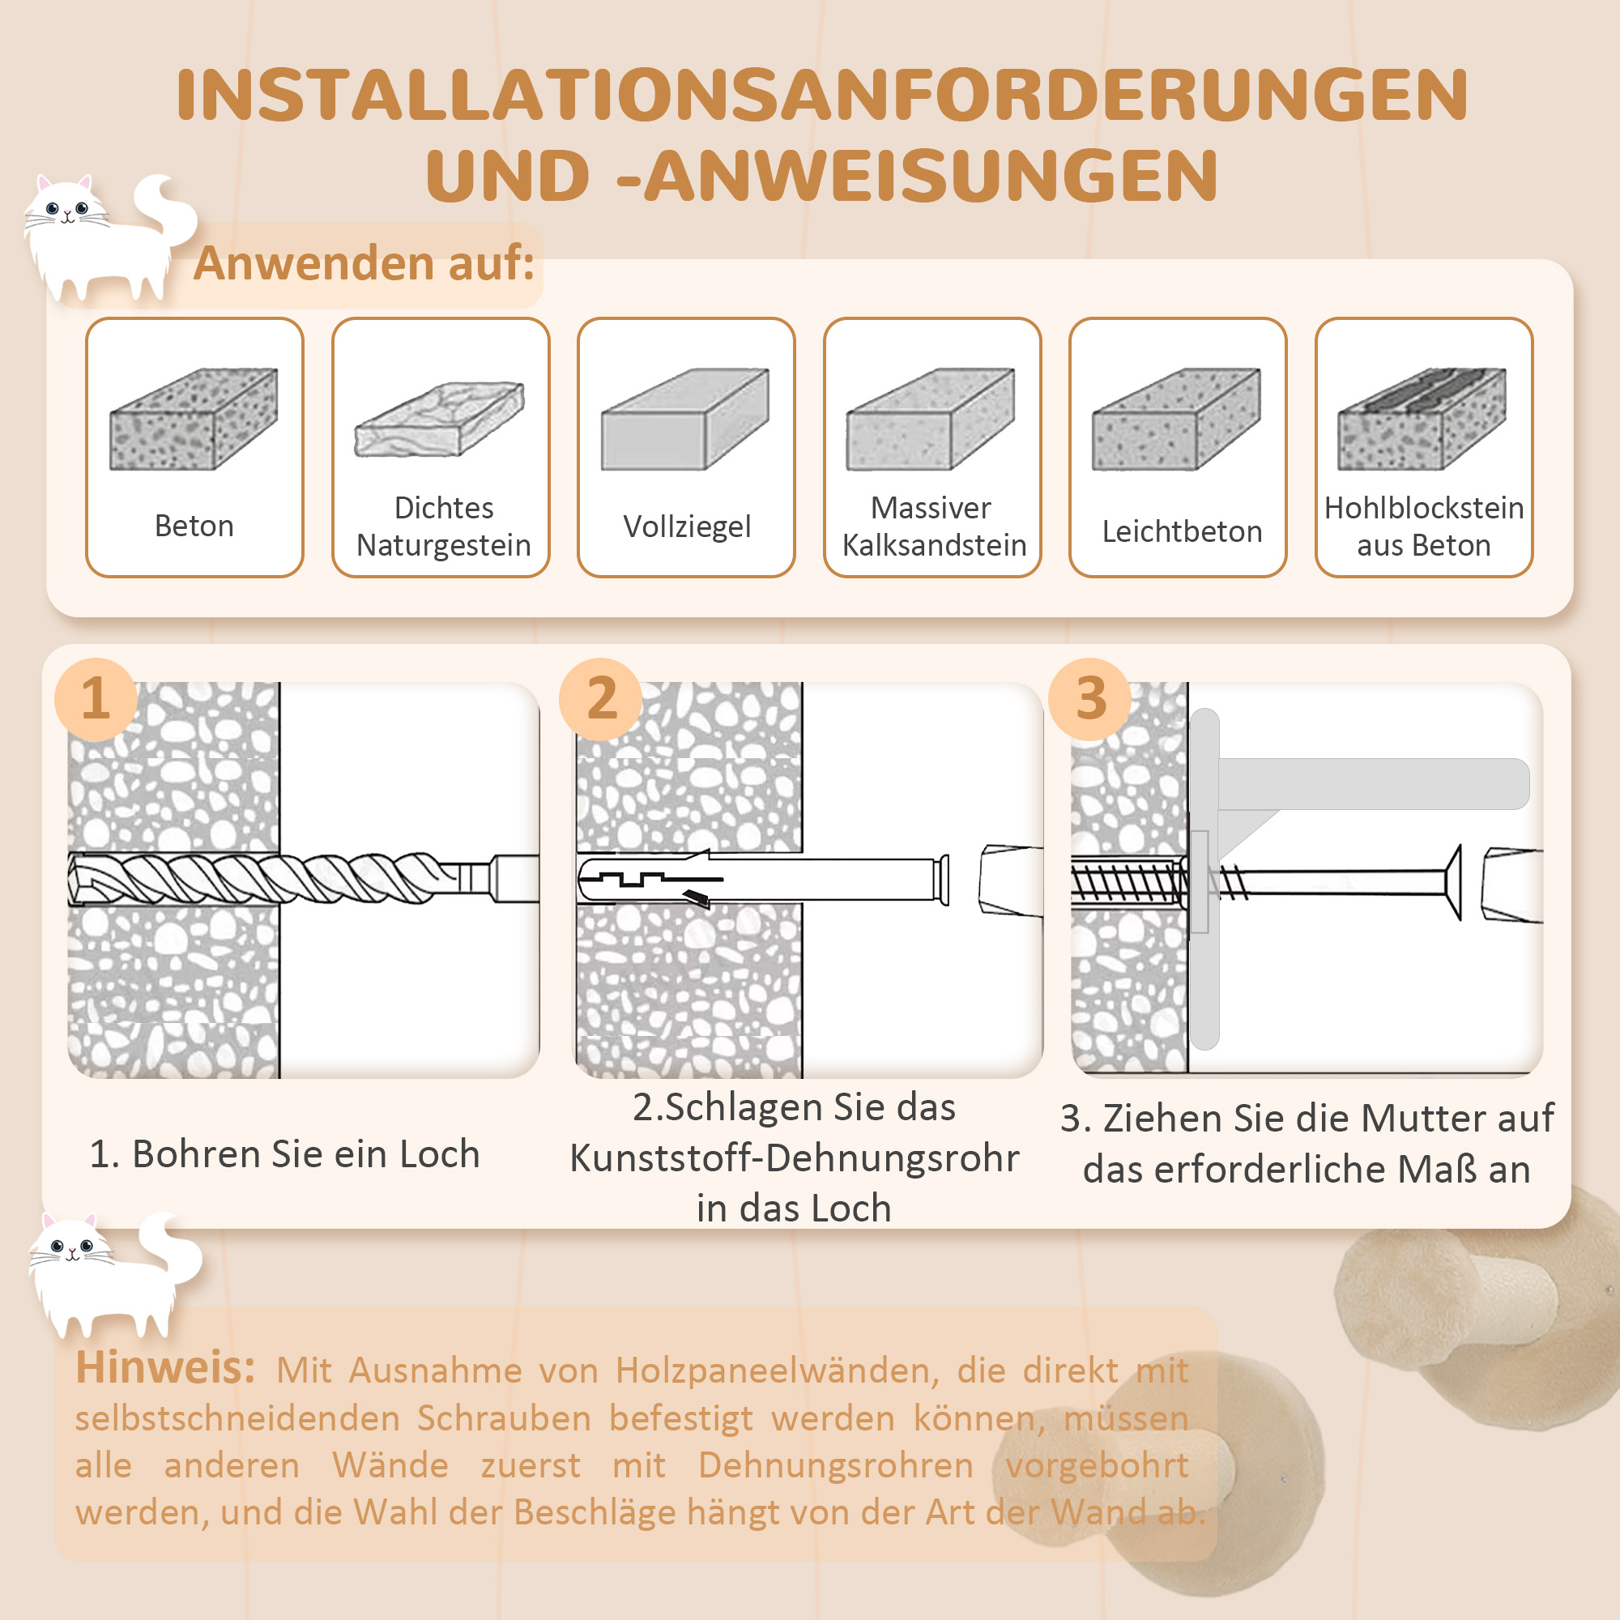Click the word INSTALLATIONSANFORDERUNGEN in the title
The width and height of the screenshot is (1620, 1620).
(821, 95)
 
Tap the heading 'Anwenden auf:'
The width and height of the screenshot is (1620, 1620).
(363, 263)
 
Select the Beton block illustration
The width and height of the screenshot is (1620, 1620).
(194, 419)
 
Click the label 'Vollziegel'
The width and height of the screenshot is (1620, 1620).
(686, 526)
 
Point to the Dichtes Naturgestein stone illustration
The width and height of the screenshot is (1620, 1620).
(439, 419)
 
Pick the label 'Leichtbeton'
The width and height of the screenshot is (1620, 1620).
(1182, 531)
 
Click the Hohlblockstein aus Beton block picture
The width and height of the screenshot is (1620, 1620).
(1422, 419)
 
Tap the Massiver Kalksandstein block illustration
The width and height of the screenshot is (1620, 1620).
(931, 419)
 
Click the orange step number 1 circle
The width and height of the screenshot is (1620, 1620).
(96, 698)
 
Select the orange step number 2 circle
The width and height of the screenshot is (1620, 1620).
(601, 698)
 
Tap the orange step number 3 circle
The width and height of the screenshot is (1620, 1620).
(1090, 698)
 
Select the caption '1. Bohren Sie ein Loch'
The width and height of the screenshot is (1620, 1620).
(284, 1153)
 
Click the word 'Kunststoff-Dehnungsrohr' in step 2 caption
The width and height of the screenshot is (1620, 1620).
(794, 1158)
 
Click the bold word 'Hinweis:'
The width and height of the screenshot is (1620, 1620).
(165, 1367)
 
